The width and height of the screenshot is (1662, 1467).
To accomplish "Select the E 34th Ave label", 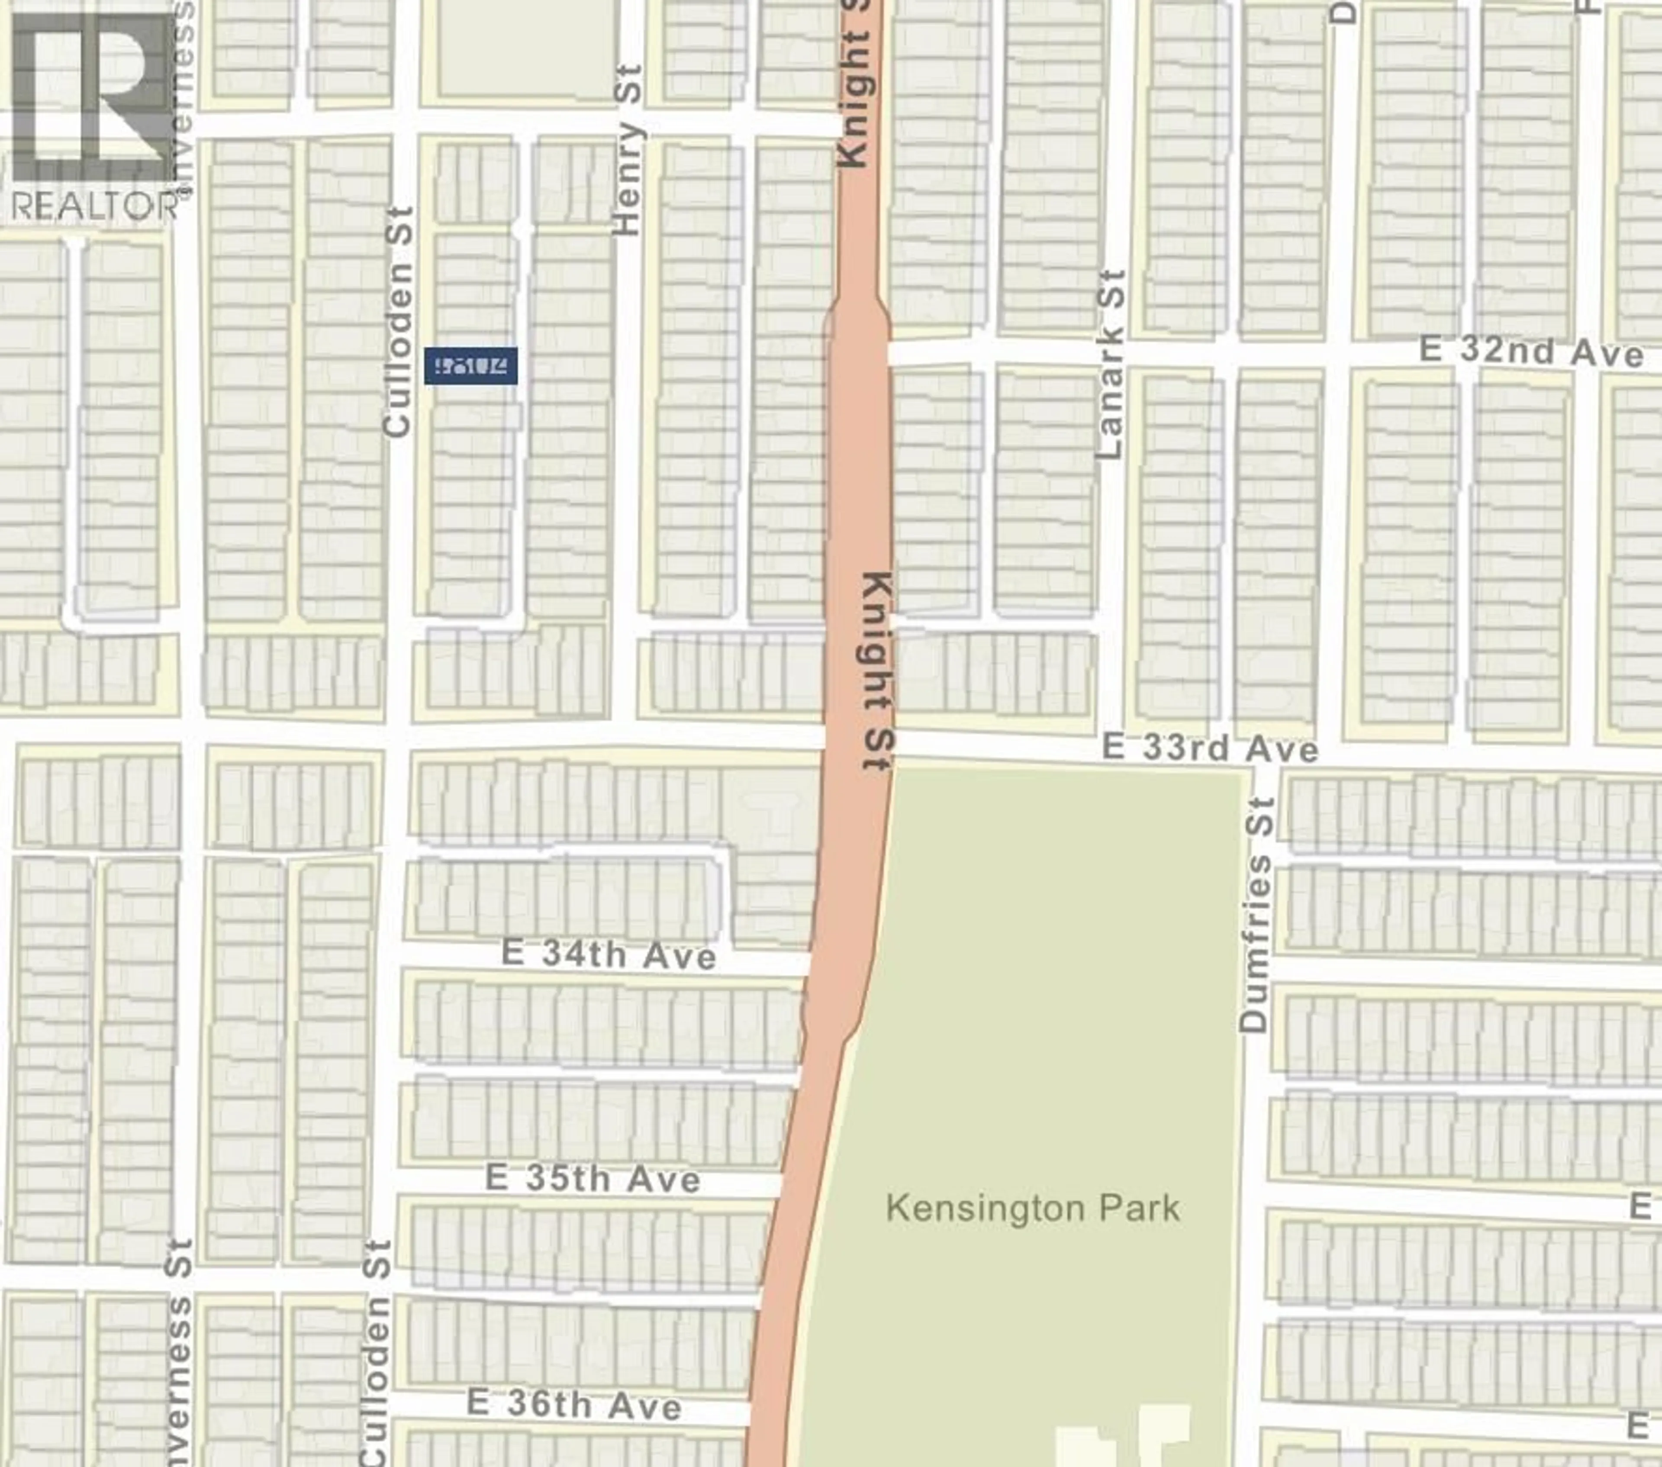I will coord(608,954).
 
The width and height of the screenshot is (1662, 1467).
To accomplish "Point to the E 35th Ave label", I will coord(592,1178).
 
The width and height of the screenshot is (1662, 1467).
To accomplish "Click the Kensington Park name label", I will coord(1033,1208).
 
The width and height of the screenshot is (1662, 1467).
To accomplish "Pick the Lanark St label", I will coord(1109,364).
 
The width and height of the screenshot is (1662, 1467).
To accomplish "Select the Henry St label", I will coord(628,151).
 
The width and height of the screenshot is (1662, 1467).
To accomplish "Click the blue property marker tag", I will coord(471,366).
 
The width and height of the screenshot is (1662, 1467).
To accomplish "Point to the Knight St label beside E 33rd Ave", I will coord(878,671).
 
